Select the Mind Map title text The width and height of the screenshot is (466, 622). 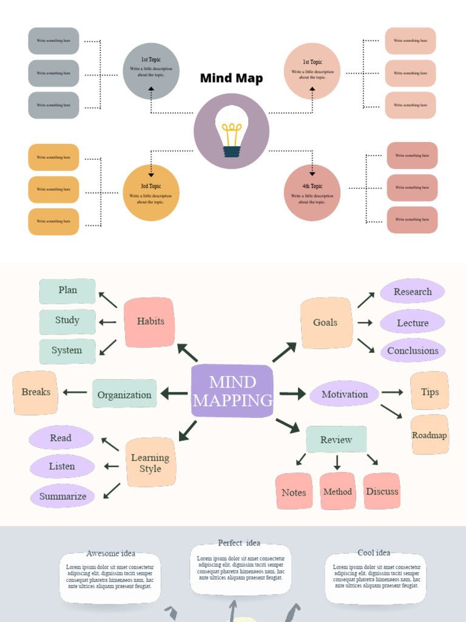[232, 78]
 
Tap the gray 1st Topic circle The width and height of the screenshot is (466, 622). [151, 71]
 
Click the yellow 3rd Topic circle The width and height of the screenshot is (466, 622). [151, 193]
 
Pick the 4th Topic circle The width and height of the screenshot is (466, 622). [312, 193]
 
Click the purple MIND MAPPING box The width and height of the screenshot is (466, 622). [232, 391]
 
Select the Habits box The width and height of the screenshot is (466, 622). [150, 322]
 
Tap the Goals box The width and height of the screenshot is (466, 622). [326, 323]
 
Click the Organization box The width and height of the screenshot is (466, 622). [124, 394]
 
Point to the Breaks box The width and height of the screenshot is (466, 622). [35, 392]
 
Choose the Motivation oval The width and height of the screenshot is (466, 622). [344, 394]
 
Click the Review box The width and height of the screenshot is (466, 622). [336, 440]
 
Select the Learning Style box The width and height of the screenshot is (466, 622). [150, 463]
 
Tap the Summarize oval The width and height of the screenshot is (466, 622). [62, 496]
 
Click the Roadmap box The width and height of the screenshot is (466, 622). [430, 435]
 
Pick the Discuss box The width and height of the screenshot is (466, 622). [382, 491]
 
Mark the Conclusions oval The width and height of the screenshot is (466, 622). [413, 350]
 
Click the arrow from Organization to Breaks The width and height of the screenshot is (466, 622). [75, 392]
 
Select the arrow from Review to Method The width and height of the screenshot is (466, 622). [337, 463]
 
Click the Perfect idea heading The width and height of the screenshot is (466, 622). [239, 542]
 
